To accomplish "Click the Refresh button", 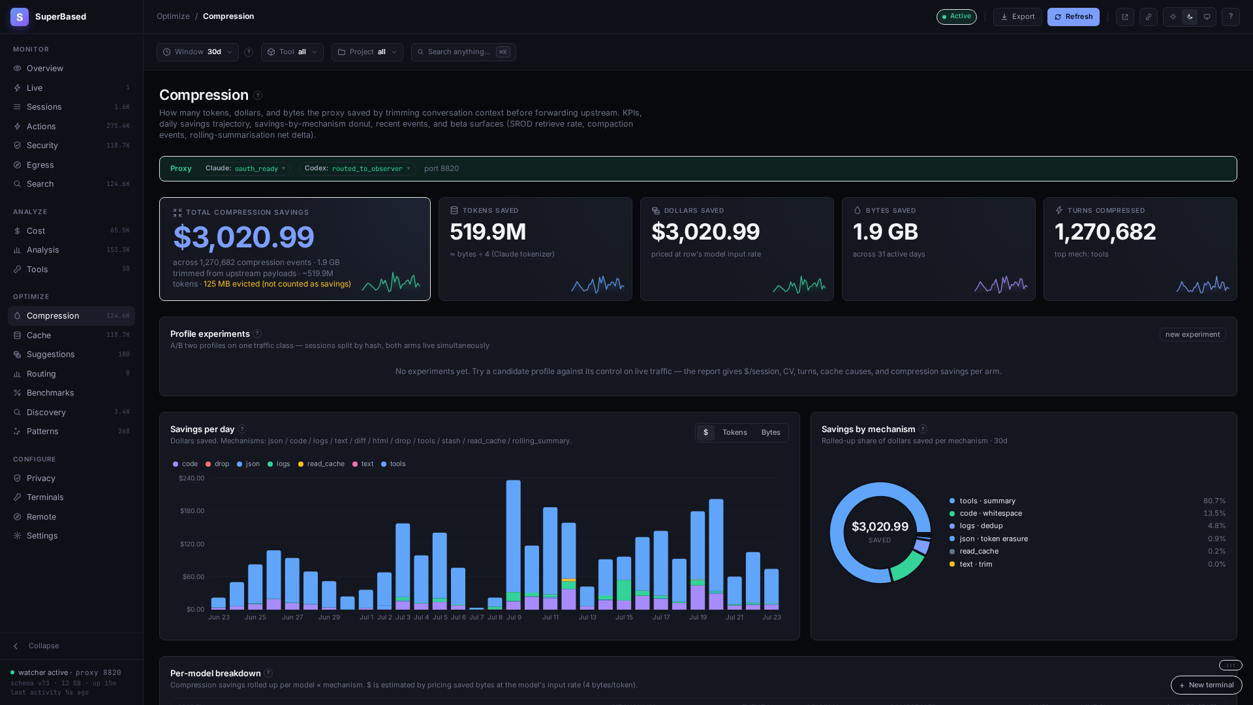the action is coord(1073,17).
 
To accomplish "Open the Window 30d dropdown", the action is coord(197,52).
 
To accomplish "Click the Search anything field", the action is coord(463,52).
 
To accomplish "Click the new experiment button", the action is coord(1192,335).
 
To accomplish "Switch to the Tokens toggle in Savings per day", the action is coord(734,433).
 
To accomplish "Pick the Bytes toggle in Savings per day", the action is coord(771,433).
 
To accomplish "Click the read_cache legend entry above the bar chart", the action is coord(321,464).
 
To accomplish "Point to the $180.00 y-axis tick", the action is coord(192,511).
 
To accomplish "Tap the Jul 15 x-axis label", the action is coord(624,618).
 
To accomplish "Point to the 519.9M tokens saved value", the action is coord(488,232).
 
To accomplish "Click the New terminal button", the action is coord(1206,685).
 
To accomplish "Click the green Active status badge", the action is coord(957,17).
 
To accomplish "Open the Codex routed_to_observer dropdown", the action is coord(358,169).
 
